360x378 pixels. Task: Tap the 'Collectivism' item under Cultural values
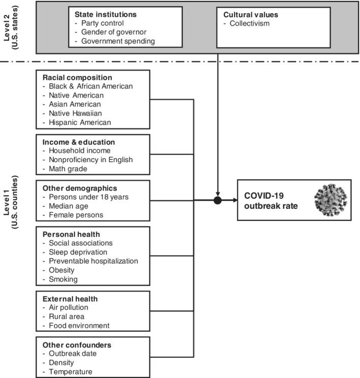245,23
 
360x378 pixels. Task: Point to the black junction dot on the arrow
218,200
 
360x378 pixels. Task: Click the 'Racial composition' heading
77,77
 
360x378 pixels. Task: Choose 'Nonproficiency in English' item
92,160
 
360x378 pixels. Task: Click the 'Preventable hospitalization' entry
92,261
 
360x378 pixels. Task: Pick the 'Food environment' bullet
79,326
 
